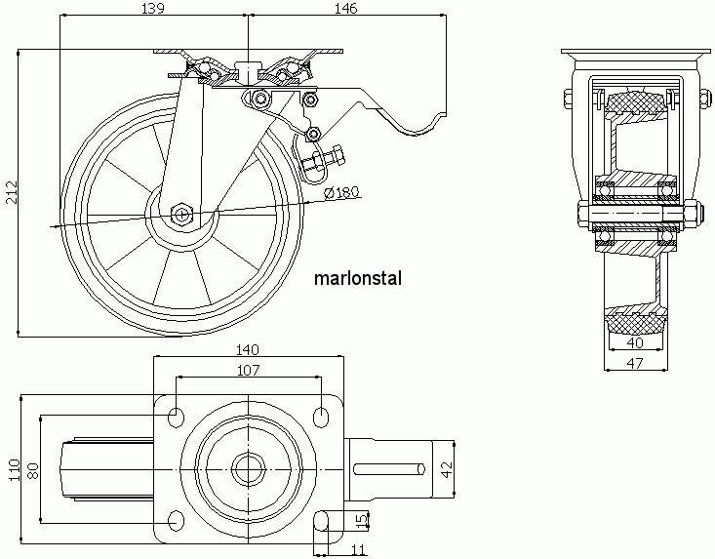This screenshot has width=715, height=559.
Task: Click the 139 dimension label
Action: (153, 8)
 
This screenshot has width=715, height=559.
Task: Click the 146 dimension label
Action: (346, 8)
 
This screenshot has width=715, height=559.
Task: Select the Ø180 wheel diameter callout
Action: (342, 193)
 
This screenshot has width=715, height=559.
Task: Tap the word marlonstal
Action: (358, 278)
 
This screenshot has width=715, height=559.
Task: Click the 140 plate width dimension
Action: (248, 349)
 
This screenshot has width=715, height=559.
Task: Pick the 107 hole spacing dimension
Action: (248, 371)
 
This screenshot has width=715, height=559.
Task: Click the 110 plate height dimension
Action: (14, 469)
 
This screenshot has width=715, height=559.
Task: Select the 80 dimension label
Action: (33, 470)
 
